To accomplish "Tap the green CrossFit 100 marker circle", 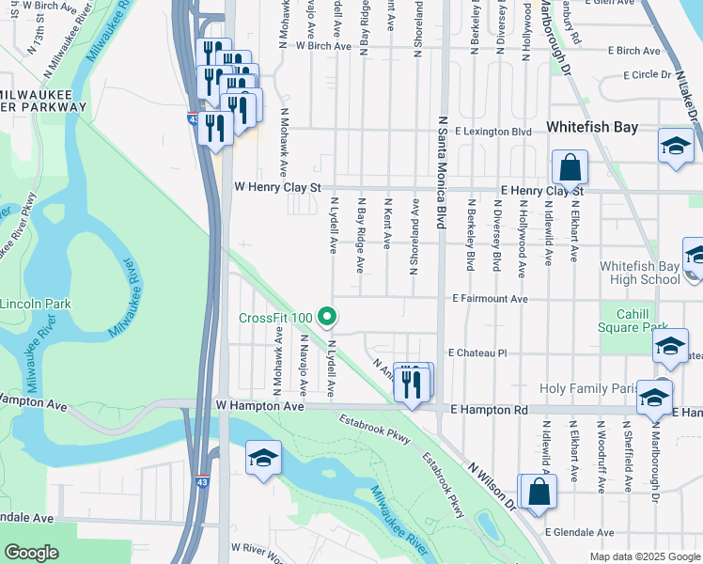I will (x=326, y=318).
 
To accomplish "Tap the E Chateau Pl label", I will (x=477, y=353).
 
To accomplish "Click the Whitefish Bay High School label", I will (x=639, y=273).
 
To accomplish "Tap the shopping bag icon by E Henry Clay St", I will (x=570, y=169).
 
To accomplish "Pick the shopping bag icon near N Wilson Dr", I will (x=539, y=492).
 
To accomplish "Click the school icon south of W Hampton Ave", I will (x=264, y=459).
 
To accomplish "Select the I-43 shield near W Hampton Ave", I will (x=203, y=481).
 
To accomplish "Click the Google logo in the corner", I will (x=31, y=553).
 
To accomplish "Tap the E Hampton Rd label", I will (x=488, y=411).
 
